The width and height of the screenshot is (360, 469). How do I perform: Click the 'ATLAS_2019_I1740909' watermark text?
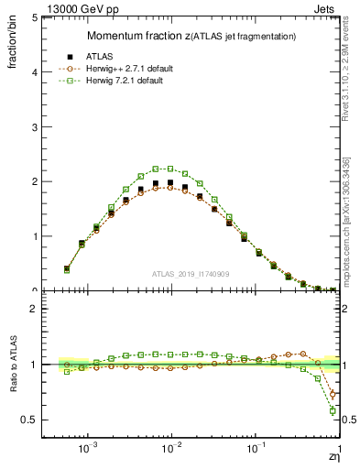191,274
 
